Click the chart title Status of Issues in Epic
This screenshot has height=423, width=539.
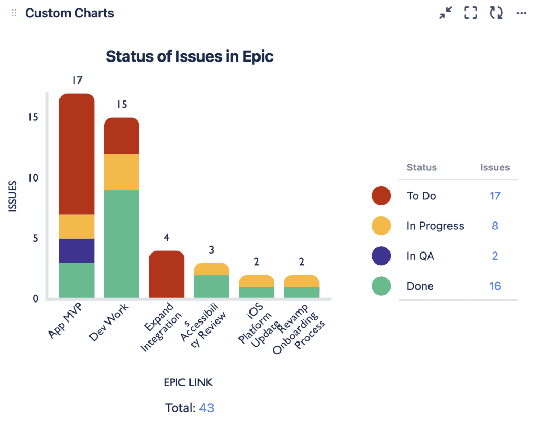pos(189,56)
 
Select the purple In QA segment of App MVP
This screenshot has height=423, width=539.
pos(77,251)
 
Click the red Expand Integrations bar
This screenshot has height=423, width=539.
pos(167,275)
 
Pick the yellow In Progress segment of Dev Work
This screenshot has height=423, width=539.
pos(122,172)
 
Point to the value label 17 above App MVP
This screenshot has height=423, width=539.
pos(77,80)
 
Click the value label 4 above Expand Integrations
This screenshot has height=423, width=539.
pos(167,238)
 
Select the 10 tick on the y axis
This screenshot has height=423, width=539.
pos(34,178)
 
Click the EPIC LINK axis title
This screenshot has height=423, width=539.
pos(188,382)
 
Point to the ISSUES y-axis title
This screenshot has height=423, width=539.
pos(14,196)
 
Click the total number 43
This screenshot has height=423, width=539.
pos(206,408)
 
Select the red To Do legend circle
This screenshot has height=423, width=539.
pos(381,196)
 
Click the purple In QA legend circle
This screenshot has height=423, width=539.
pos(381,256)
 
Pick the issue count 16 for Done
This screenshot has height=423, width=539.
pos(494,286)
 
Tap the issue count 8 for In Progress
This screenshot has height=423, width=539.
pos(495,226)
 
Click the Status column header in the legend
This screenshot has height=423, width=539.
pos(422,167)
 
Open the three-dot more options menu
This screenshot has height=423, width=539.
pos(522,13)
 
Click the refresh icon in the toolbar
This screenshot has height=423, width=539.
pos(496,13)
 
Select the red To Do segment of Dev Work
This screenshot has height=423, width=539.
pos(122,136)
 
